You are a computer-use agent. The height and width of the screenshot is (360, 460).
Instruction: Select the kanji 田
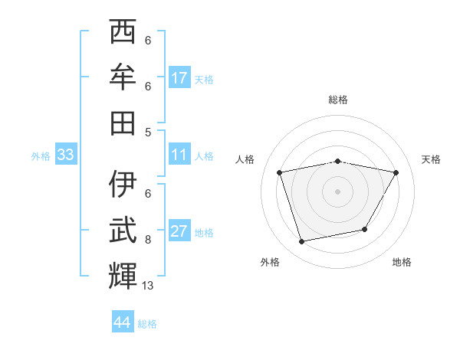coord(123,122)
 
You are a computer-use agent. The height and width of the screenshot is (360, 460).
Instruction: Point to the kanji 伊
coord(123,184)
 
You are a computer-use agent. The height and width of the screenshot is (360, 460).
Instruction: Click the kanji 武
coord(123,230)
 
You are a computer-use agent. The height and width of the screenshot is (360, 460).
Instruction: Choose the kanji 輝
coord(123,275)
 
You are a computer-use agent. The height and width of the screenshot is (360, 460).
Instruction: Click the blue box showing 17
coord(179,77)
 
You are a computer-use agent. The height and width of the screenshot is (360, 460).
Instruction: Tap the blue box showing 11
coord(179,155)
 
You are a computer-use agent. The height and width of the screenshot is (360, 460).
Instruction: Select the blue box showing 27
coord(179,232)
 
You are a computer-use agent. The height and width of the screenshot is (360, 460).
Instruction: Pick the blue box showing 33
coord(65,155)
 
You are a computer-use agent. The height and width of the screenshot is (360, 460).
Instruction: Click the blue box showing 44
coord(122,322)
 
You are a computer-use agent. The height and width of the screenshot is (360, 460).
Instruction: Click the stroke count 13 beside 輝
coord(149,286)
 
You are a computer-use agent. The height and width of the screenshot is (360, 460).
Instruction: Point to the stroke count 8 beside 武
coord(148,240)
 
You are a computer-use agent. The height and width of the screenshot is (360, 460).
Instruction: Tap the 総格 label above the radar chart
coord(338,100)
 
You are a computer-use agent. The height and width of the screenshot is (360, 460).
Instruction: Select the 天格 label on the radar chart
coord(432,159)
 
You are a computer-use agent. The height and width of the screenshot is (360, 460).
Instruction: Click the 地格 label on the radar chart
coord(402,262)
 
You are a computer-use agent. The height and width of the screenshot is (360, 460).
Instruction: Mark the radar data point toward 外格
coord(302,242)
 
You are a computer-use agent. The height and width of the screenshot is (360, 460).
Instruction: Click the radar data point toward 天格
coord(396,173)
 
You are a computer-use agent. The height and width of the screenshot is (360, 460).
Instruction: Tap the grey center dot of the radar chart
coord(337,191)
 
